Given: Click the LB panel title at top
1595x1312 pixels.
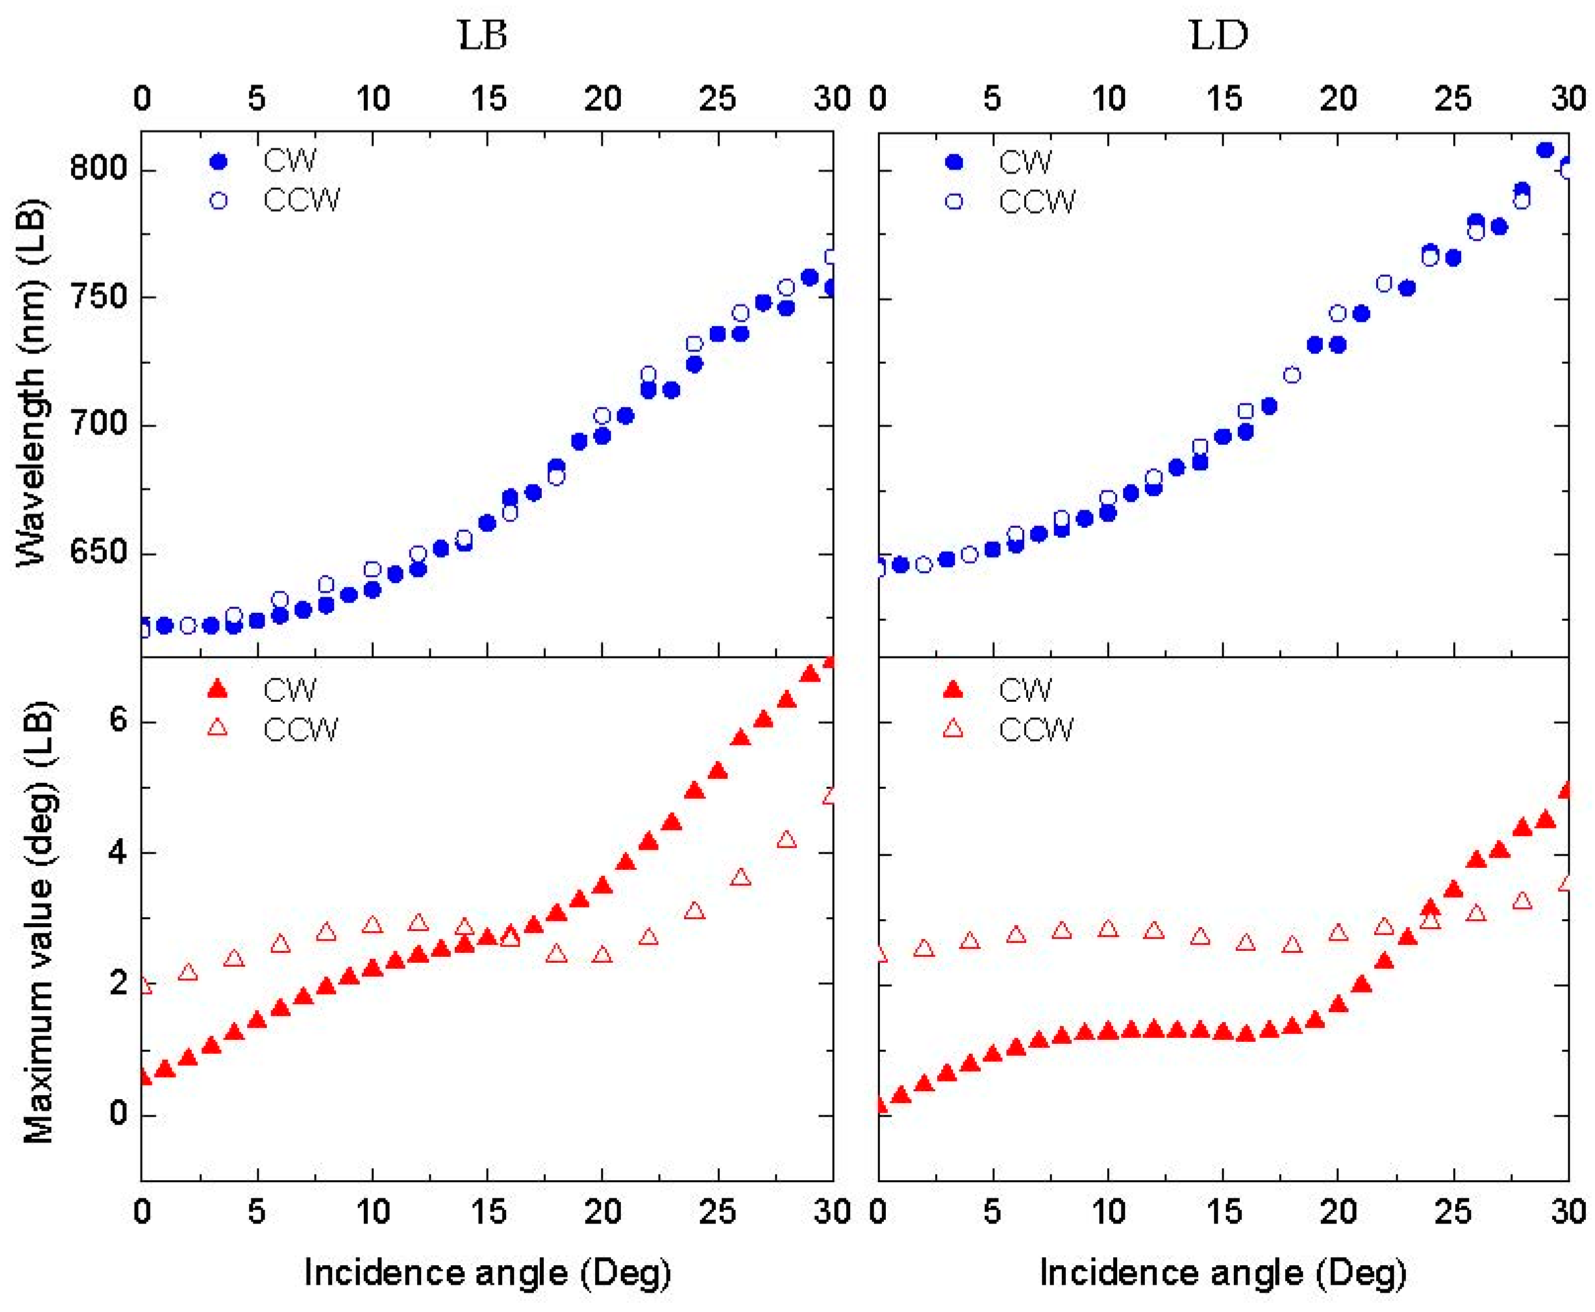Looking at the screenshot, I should (482, 35).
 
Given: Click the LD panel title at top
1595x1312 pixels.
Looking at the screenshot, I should (1218, 35).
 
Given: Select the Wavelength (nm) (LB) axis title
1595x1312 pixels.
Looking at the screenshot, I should (32, 382).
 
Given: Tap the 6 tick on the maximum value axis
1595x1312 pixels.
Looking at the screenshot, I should (118, 720).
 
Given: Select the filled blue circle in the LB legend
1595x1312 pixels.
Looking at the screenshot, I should (218, 161).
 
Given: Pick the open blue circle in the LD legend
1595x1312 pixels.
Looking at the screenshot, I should (954, 202).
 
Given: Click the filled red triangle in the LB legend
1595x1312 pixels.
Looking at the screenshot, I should (217, 689).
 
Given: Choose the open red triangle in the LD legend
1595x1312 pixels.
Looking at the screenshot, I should (953, 729).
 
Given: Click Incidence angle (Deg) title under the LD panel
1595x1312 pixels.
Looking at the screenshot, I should (1223, 1272).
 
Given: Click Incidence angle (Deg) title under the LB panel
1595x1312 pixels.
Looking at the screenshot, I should (488, 1272).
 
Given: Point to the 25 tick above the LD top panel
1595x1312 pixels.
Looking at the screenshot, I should (1453, 98).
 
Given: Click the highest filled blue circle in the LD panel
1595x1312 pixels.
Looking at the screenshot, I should (1545, 150).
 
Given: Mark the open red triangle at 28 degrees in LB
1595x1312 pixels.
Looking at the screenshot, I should (786, 840).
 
